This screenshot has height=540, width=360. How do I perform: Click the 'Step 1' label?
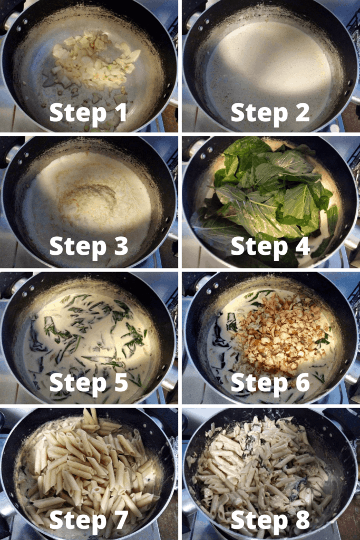click(x=88, y=113)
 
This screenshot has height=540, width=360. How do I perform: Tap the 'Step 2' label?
click(x=270, y=113)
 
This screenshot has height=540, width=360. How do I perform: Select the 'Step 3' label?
click(x=89, y=247)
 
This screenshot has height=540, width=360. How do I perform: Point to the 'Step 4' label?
click(x=270, y=247)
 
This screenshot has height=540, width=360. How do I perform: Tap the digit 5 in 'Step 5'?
click(x=121, y=382)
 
